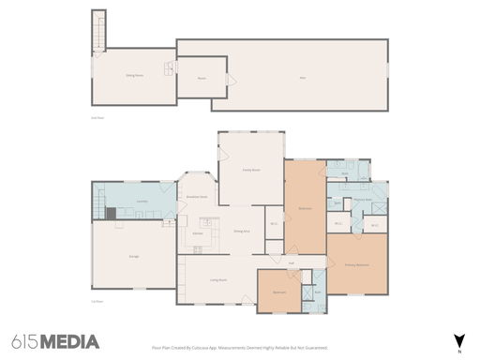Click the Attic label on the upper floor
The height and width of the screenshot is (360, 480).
click(x=302, y=77)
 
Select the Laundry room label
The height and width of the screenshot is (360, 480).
click(x=142, y=202)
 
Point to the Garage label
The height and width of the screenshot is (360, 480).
click(x=134, y=255)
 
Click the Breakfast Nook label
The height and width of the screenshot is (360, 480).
click(x=197, y=197)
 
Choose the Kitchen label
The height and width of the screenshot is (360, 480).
click(x=198, y=232)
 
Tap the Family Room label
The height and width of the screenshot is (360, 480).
click(x=251, y=170)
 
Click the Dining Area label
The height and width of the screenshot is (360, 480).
click(x=241, y=231)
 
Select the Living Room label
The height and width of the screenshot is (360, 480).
click(x=217, y=279)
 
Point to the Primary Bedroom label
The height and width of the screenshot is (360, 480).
click(x=356, y=265)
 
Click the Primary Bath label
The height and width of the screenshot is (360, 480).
click(x=359, y=198)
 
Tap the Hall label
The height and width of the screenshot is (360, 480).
click(x=292, y=263)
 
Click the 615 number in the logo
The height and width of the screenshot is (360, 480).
click(x=25, y=340)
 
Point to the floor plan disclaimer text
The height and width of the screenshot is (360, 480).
click(x=239, y=346)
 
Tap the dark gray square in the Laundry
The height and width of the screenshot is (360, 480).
click(x=111, y=213)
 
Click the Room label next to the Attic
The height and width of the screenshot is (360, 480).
click(x=201, y=78)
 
